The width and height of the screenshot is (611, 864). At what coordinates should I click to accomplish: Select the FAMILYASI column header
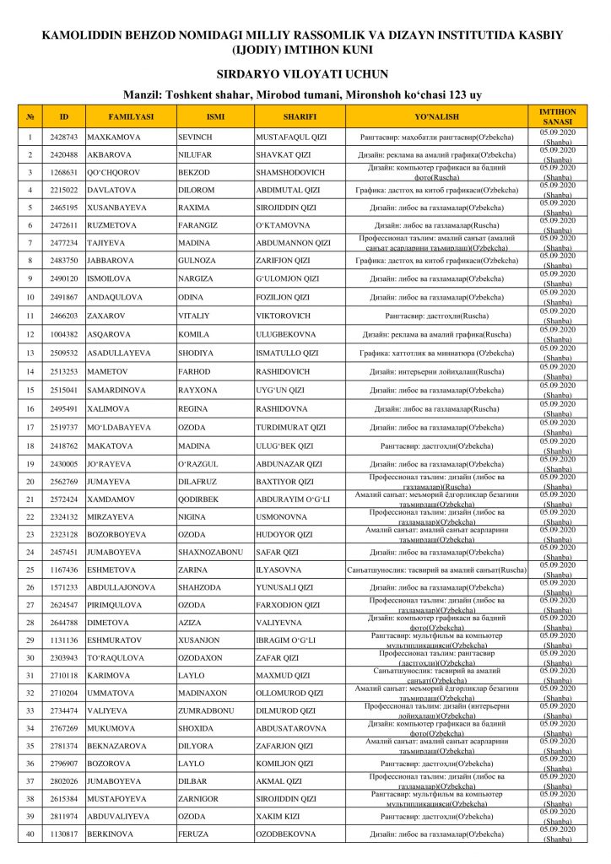coord(131,116)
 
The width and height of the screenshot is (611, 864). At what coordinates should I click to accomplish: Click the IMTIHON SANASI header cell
coord(558,116)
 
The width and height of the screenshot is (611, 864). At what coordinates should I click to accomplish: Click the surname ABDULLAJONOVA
coord(122,587)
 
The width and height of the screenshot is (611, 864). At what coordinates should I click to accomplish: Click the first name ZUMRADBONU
coord(206,711)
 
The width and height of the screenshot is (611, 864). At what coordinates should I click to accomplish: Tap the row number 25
coord(30,570)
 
